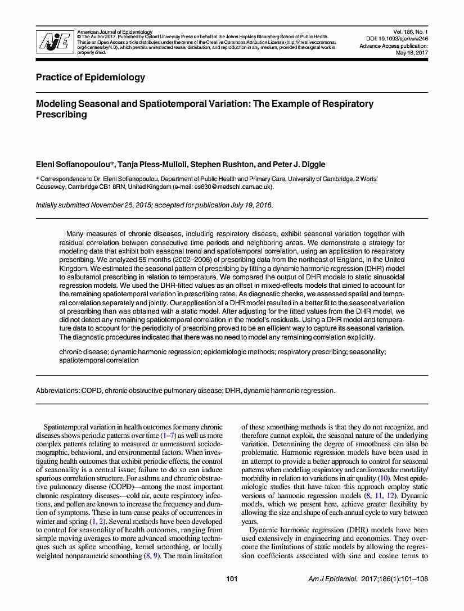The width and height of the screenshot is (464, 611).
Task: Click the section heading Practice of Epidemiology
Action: (x=91, y=78)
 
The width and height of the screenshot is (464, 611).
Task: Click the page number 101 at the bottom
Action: (x=232, y=595)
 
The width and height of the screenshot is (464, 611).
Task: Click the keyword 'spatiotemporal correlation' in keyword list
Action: (x=99, y=360)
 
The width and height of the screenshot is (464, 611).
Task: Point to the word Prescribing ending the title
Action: (x=62, y=114)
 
